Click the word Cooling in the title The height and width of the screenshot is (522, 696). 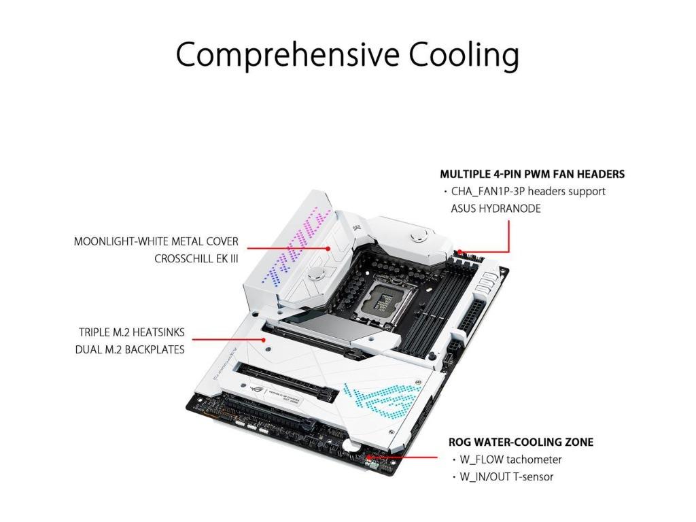click(x=463, y=54)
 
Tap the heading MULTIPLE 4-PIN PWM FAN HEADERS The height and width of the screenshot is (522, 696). click(x=532, y=174)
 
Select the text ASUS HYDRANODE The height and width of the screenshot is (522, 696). click(x=495, y=209)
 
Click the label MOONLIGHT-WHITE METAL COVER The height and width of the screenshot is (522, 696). click(x=156, y=241)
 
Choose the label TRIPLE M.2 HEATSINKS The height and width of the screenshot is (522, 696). click(x=131, y=332)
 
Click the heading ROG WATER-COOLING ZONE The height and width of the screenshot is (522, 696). click(x=521, y=442)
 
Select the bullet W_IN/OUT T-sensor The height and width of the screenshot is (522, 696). click(x=506, y=476)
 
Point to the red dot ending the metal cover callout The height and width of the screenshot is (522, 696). click(x=328, y=249)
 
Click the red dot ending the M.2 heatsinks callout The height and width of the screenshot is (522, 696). click(x=263, y=340)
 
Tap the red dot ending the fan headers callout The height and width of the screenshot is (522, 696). click(x=463, y=251)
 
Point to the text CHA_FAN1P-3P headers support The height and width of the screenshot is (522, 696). click(x=528, y=192)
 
